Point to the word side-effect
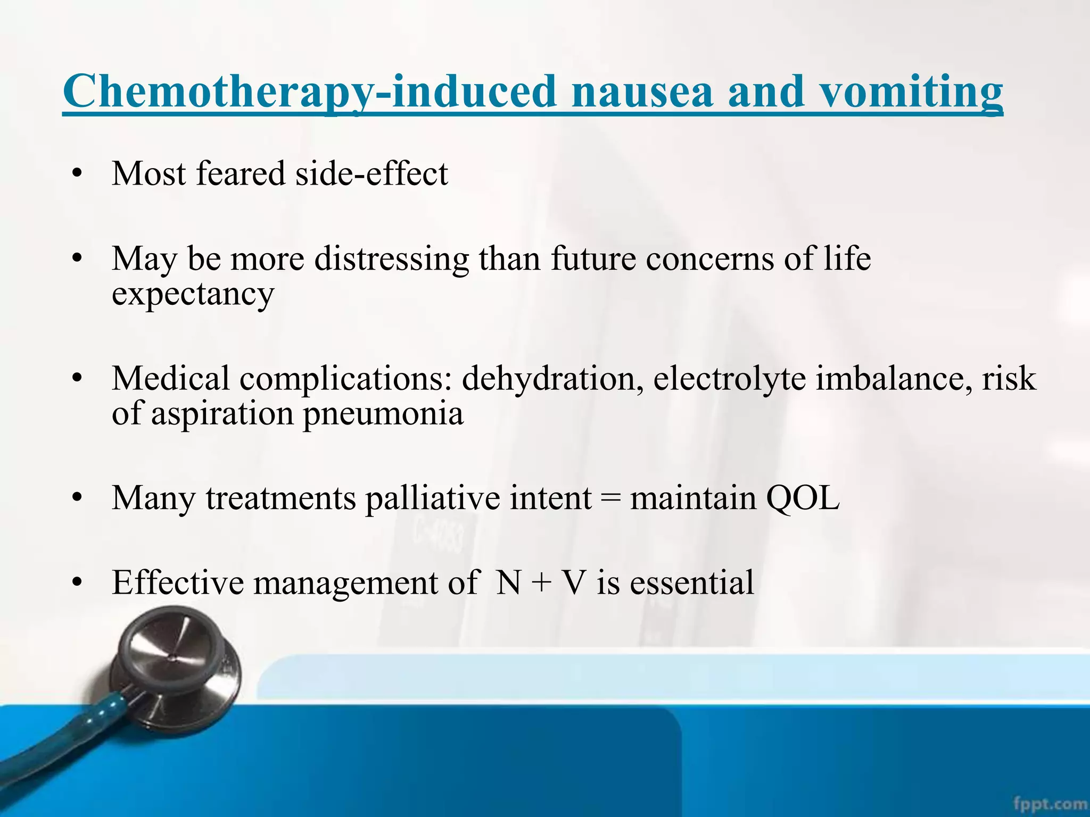371,173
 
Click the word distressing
391,259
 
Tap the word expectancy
193,294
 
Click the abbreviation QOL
803,498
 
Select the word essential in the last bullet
692,582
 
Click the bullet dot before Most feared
78,174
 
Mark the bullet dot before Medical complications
78,379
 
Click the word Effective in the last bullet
178,582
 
